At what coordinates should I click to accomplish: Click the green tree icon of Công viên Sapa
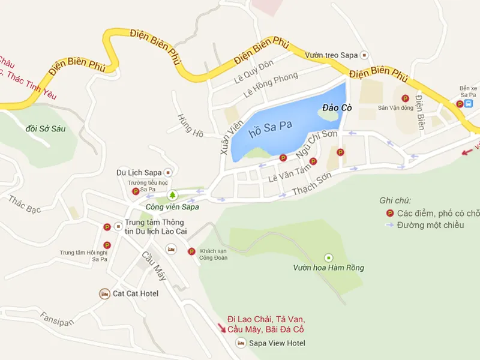173,195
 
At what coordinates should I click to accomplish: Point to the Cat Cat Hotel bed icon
105,293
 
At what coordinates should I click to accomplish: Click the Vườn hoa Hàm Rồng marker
328,257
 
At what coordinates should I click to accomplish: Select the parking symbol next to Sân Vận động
405,98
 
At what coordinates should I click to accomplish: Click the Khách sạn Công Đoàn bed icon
172,248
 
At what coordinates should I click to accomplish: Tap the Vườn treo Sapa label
331,55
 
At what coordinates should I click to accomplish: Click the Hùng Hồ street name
186,124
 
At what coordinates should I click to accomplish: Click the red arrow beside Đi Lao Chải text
223,328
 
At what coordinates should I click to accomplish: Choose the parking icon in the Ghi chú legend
389,213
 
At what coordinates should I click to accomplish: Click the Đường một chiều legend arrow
389,225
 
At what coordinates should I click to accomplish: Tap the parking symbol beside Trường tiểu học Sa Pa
135,191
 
